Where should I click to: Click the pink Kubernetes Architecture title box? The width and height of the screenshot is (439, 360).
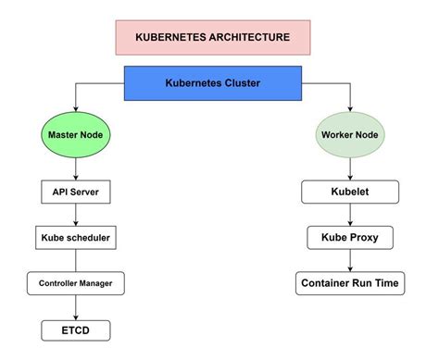(x=212, y=37)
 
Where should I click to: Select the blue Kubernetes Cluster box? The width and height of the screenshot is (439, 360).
(x=212, y=83)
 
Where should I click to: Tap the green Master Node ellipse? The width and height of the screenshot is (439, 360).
(x=76, y=135)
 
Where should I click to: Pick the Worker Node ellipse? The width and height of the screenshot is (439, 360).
(x=350, y=135)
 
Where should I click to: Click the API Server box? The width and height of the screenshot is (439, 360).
(x=76, y=192)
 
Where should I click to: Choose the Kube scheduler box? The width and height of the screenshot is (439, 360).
(x=76, y=238)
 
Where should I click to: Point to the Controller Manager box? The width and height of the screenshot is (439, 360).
(x=76, y=283)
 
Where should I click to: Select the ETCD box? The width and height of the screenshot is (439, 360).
(x=76, y=329)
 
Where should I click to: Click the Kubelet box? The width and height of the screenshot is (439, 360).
(x=350, y=192)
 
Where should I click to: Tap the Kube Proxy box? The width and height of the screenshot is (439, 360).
(x=350, y=238)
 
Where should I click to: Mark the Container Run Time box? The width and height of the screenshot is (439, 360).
(x=350, y=283)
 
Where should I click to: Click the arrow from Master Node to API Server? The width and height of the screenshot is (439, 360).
(x=76, y=169)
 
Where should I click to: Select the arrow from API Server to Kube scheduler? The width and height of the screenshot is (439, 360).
(x=76, y=215)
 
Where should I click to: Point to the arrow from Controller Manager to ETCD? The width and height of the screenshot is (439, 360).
(x=76, y=306)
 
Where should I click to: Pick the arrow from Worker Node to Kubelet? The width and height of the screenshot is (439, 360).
(x=350, y=169)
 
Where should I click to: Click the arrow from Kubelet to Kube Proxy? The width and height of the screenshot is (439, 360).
(x=350, y=215)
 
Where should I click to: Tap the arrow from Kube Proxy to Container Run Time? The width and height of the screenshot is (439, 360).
(x=350, y=260)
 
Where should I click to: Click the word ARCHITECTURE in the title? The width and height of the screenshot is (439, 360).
(x=246, y=37)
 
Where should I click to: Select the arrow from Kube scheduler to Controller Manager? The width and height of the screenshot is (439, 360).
(x=76, y=260)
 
